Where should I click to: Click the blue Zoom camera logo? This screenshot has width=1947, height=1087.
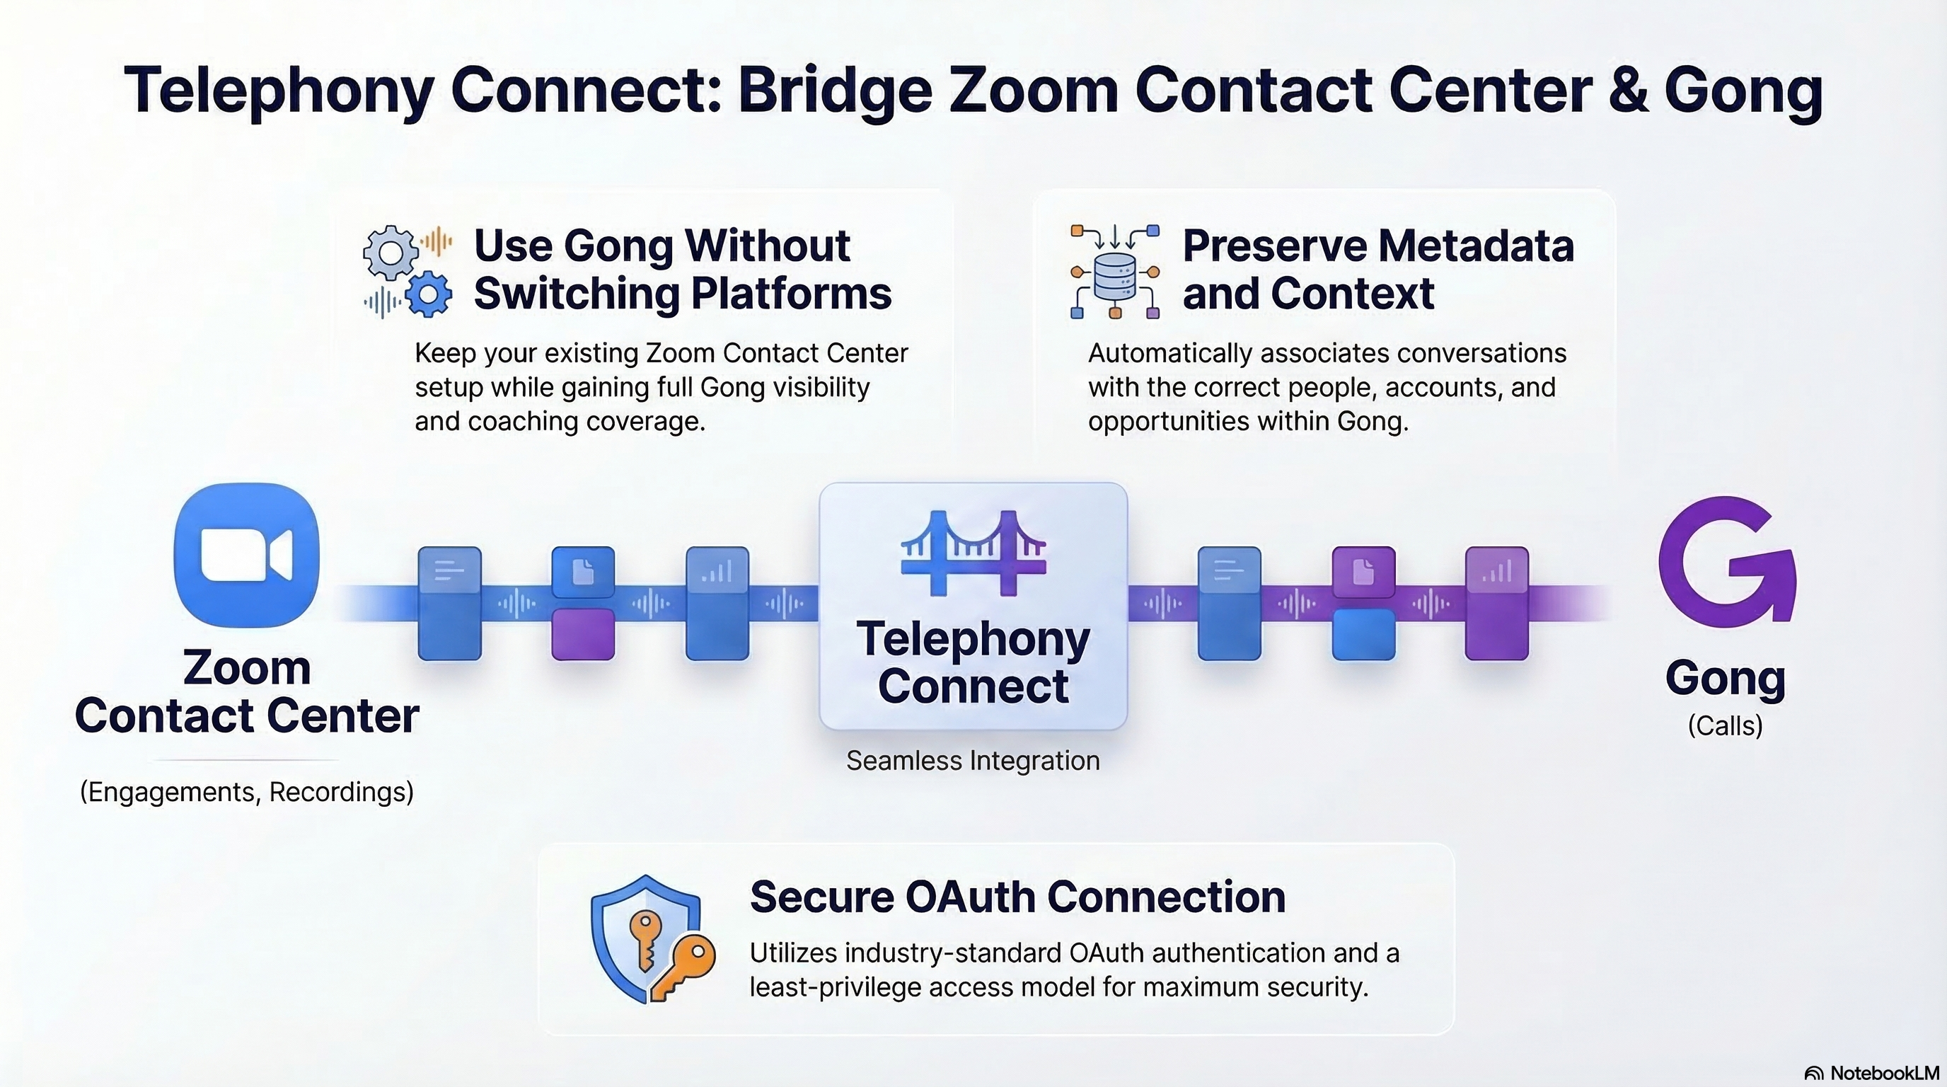coord(246,555)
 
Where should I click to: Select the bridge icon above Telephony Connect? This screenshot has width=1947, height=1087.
coord(973,552)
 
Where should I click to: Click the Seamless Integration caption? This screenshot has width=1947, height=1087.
coord(973,761)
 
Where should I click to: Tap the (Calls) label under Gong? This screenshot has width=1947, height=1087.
coord(1725,725)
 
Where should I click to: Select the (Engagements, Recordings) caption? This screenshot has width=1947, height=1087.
coord(246,791)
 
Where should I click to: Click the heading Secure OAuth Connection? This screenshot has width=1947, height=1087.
coord(1017,897)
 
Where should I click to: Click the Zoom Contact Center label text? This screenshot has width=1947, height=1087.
coord(246,691)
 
